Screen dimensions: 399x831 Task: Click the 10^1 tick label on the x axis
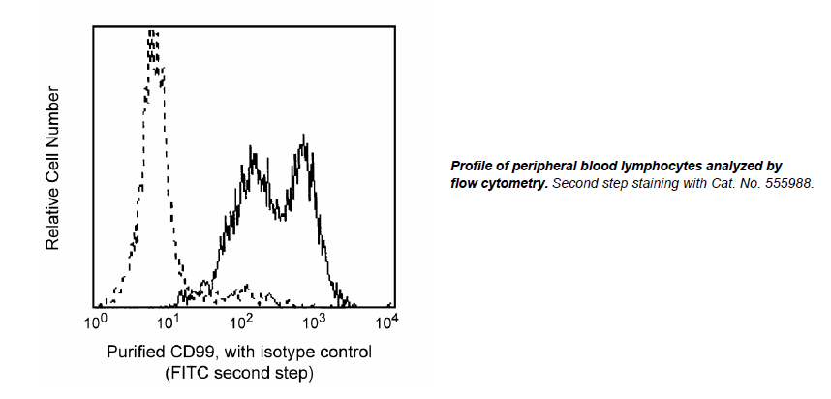tap(169, 320)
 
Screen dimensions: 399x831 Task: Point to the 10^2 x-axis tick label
tap(241, 320)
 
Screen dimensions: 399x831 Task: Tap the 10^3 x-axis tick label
tap(315, 320)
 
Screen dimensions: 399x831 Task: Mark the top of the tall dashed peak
tap(152, 33)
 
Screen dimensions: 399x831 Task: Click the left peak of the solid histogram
tap(253, 155)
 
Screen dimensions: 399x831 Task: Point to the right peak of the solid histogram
tap(305, 147)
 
